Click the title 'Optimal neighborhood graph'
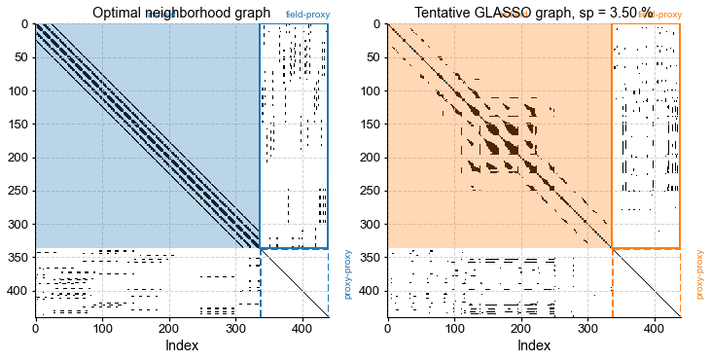[x=181, y=13]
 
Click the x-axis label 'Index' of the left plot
[x=182, y=344]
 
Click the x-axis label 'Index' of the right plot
[x=534, y=344]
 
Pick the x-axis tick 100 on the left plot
[x=102, y=326]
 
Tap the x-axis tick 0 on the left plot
[x=36, y=326]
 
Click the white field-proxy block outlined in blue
[x=294, y=136]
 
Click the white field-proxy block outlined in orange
[x=646, y=136]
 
